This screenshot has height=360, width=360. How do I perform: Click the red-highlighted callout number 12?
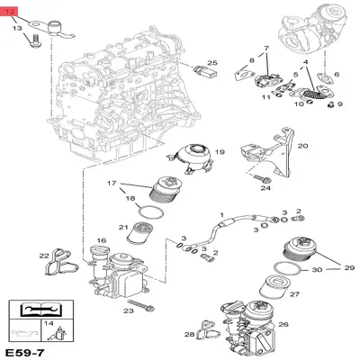[12, 13]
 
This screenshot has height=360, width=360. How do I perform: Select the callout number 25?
[212, 63]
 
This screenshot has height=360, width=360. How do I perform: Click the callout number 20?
[302, 145]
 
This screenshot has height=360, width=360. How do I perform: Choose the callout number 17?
[112, 184]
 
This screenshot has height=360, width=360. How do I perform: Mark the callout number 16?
[101, 240]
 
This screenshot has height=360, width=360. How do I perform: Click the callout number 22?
[44, 256]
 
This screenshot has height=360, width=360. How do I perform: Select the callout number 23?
[129, 310]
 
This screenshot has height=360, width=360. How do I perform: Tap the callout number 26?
[284, 325]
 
